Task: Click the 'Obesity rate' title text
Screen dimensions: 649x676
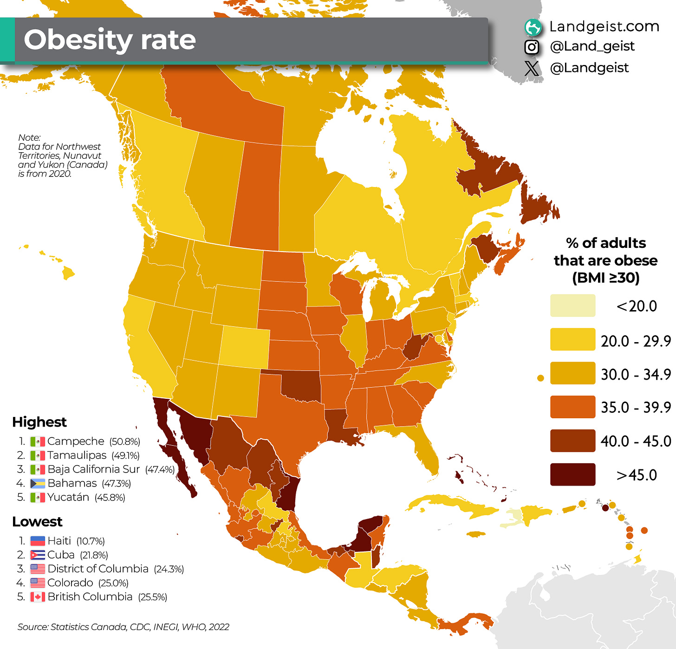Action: click(110, 40)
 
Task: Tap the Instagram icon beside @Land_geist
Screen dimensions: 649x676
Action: click(532, 47)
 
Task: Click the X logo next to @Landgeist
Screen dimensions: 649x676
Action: click(532, 68)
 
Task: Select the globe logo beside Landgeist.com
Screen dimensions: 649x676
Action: click(533, 27)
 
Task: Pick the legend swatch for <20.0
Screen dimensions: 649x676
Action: click(572, 306)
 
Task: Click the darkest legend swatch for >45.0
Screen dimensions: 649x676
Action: click(572, 474)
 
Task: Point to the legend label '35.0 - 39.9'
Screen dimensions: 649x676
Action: click(636, 407)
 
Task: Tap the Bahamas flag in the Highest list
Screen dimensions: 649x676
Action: click(38, 483)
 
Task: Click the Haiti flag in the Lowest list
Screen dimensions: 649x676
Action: click(38, 541)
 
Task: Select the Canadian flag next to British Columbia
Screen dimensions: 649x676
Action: click(38, 597)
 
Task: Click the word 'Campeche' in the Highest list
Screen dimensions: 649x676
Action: click(76, 441)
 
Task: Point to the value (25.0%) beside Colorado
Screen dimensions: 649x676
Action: click(113, 583)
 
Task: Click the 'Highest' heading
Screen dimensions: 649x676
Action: click(39, 422)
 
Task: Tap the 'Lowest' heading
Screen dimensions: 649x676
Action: click(37, 522)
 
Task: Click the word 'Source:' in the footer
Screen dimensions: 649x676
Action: click(32, 627)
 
